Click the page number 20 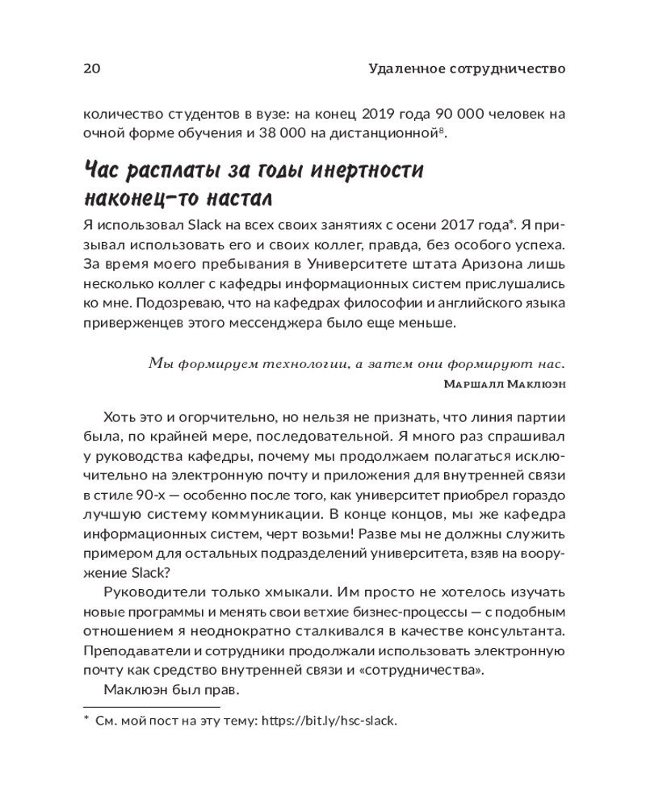(91, 68)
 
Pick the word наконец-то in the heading (137, 199)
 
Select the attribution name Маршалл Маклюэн (505, 385)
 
